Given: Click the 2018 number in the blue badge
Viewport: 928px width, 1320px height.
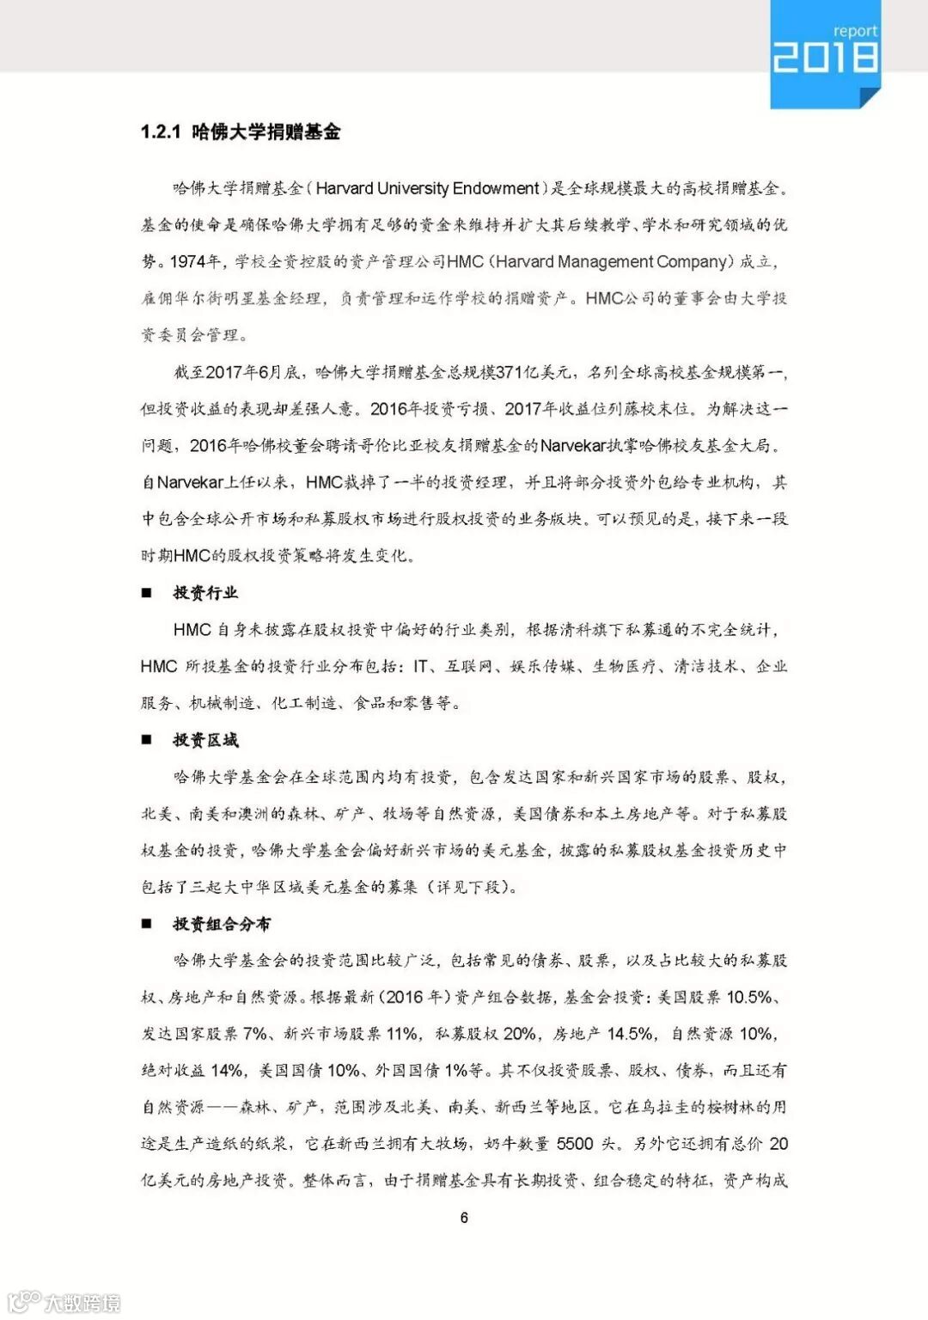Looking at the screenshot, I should [x=825, y=58].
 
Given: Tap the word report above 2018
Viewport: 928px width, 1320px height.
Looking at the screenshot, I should [x=855, y=31].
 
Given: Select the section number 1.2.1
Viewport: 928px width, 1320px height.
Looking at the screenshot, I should [x=161, y=131].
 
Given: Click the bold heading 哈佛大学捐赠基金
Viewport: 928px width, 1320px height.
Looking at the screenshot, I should [x=266, y=131].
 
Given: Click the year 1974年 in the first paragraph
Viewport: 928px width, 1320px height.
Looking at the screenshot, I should [x=196, y=261].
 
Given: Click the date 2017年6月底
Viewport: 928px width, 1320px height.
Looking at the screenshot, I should [x=243, y=372].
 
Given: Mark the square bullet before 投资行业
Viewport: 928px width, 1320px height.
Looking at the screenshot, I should [x=147, y=593].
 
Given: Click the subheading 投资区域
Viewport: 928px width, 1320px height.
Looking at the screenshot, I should [x=205, y=740].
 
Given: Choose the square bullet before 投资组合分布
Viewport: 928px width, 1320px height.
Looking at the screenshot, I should [x=147, y=924].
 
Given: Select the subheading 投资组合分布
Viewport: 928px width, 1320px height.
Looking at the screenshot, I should [x=222, y=924].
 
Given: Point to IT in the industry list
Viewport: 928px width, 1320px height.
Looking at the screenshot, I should [x=421, y=666].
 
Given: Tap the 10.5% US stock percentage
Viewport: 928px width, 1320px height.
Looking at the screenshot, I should [x=749, y=997].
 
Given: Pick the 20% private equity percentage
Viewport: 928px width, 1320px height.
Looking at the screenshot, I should [x=520, y=1034].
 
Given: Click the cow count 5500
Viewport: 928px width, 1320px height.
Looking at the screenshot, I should [x=575, y=1144].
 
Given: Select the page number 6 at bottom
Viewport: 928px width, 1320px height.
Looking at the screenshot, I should [x=464, y=1217].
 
